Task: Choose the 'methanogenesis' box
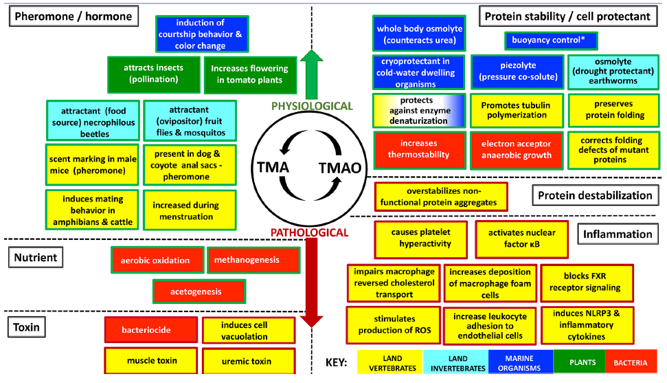click(253, 260)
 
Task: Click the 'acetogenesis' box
click(199, 292)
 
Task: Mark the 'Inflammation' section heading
click(617, 234)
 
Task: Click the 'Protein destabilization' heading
click(594, 195)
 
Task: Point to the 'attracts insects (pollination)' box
click(152, 74)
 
